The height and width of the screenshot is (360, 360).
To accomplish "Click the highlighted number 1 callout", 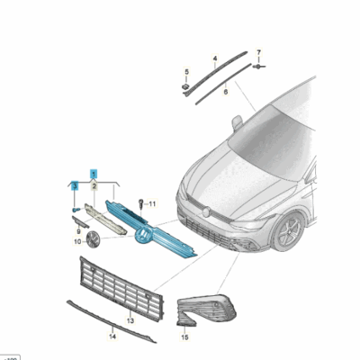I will point(93,171).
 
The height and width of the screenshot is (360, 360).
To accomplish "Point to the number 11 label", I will point(151,205).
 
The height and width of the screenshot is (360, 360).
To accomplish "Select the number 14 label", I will point(113,337).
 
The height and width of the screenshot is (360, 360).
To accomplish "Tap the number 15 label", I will point(184,337).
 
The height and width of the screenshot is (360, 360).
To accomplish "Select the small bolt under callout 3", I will point(76,208).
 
